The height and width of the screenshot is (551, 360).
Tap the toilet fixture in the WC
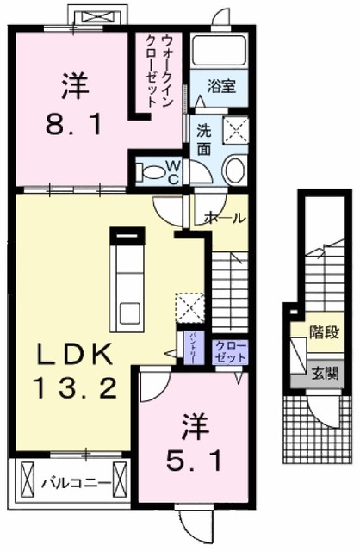point(153,171)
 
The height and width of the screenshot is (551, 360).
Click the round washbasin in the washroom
point(233,170)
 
